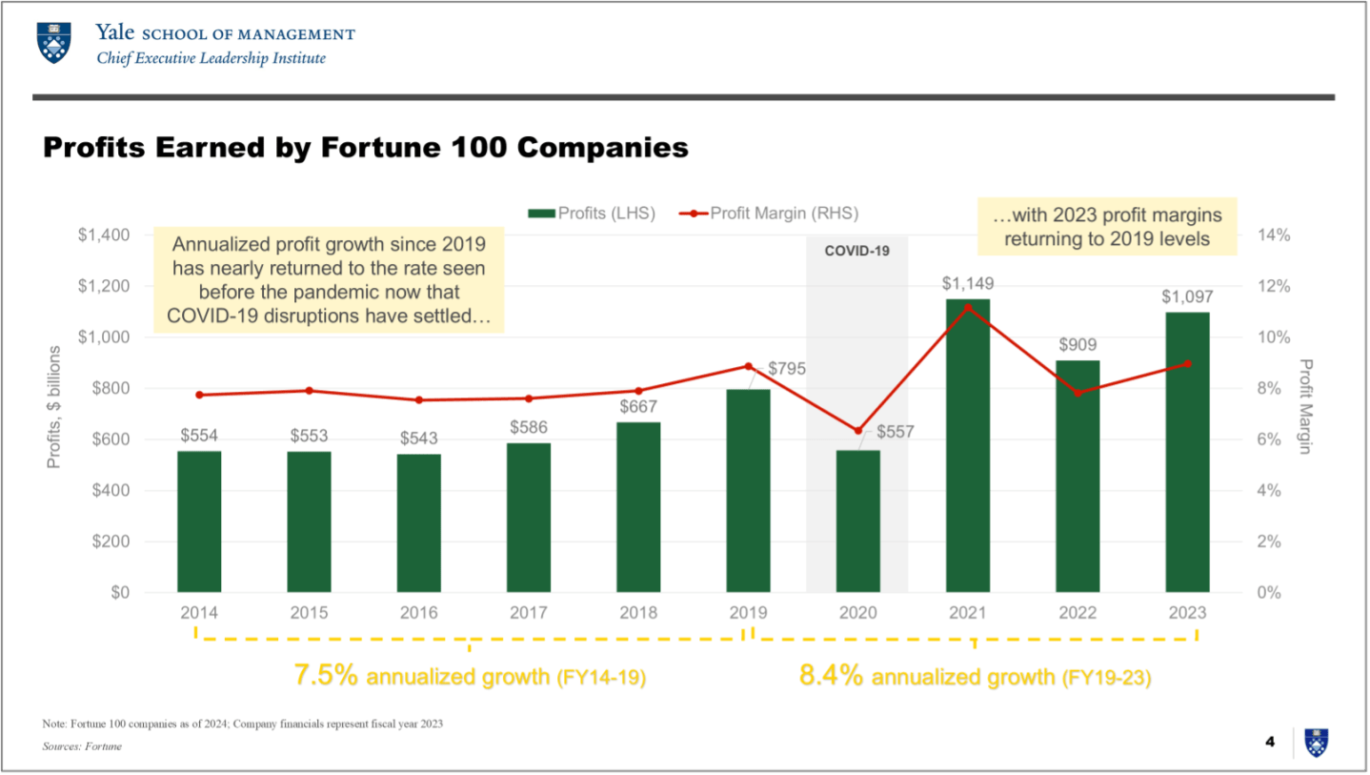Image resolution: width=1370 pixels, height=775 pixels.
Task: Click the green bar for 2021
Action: pyautogui.click(x=968, y=445)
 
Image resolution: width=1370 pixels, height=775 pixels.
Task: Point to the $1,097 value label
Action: pyautogui.click(x=1187, y=296)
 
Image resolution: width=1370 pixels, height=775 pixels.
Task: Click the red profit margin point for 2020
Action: pyautogui.click(x=858, y=431)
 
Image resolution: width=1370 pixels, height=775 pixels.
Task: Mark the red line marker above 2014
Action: pyautogui.click(x=199, y=395)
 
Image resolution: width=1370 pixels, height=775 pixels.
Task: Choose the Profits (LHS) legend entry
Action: pyautogui.click(x=593, y=214)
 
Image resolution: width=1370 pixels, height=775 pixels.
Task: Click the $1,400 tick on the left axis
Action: pyautogui.click(x=106, y=235)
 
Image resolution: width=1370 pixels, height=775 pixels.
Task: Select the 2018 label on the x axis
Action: pyautogui.click(x=638, y=613)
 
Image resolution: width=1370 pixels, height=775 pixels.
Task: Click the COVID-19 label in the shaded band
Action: pyautogui.click(x=856, y=252)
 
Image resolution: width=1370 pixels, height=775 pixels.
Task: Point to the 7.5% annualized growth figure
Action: pyautogui.click(x=326, y=677)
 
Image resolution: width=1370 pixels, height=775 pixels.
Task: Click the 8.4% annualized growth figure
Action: pyautogui.click(x=831, y=677)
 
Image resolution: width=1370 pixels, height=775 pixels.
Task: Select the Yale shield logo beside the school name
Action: pyautogui.click(x=52, y=44)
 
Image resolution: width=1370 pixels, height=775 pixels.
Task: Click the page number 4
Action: pyautogui.click(x=1269, y=742)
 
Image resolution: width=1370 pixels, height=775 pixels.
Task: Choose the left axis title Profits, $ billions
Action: pyautogui.click(x=54, y=407)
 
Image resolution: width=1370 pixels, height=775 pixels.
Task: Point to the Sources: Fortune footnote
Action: pyautogui.click(x=83, y=746)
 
